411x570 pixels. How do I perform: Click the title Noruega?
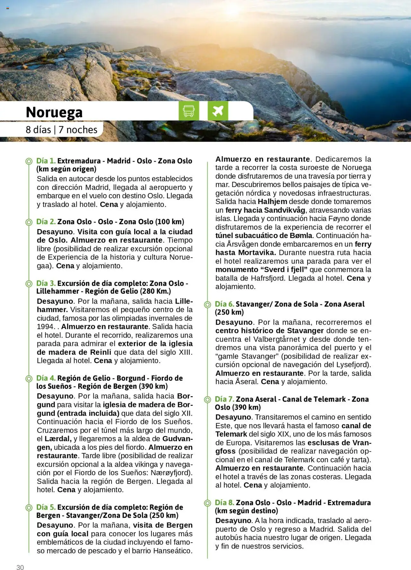click(x=54, y=112)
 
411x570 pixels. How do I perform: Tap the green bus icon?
click(x=188, y=111)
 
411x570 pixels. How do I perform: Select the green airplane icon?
click(x=218, y=111)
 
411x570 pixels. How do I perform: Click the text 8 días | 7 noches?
click(x=61, y=130)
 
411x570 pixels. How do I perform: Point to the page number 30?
click(x=20, y=567)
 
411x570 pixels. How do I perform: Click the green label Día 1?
click(x=46, y=161)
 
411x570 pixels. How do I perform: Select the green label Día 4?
click(x=46, y=378)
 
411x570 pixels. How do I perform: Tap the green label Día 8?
click(x=224, y=503)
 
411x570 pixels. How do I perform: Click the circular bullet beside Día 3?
click(x=29, y=284)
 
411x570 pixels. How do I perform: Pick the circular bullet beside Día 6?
click(x=207, y=304)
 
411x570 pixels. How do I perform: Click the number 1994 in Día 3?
click(x=46, y=327)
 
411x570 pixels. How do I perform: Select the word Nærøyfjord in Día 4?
click(x=172, y=473)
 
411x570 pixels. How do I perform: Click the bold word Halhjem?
click(x=272, y=202)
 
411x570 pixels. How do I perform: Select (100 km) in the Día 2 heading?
click(x=170, y=222)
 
